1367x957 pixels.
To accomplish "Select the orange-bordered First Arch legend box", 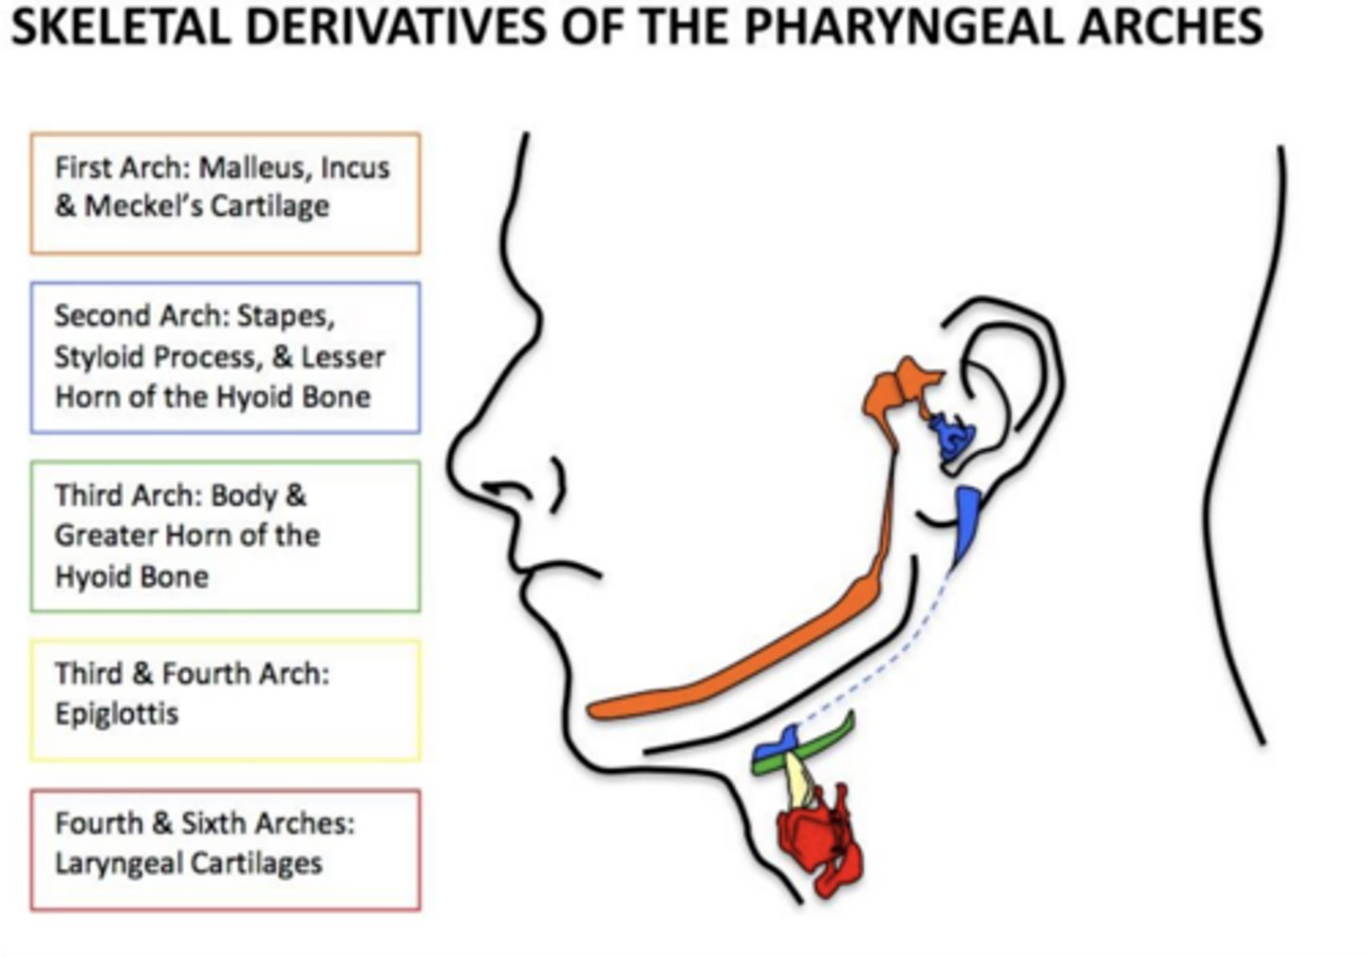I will (x=225, y=194).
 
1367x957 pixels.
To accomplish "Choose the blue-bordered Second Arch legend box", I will (x=225, y=357).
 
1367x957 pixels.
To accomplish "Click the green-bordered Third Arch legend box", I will (x=225, y=536).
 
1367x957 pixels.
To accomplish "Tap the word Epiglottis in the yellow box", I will (x=116, y=713).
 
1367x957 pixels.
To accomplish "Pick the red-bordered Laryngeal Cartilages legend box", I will (x=225, y=850).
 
